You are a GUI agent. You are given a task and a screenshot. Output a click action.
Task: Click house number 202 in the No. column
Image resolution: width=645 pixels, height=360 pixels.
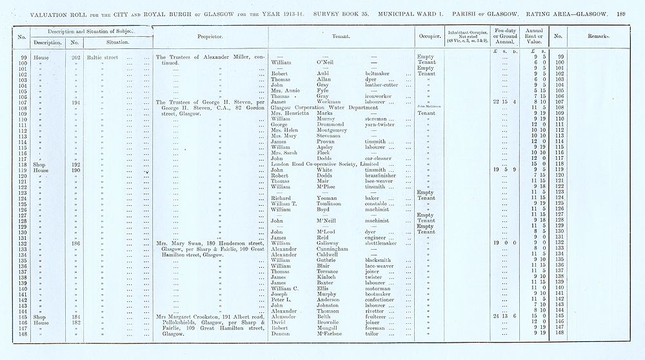[x=75, y=57]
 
